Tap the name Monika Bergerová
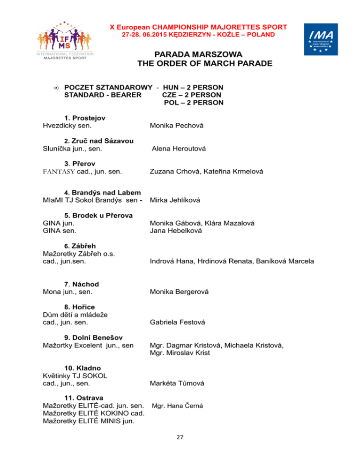click(180, 292)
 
